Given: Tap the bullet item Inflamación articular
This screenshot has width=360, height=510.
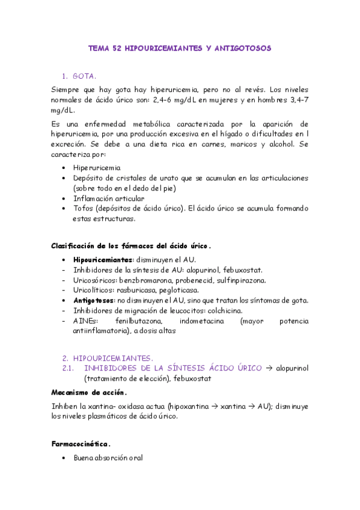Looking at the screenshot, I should click(x=108, y=198).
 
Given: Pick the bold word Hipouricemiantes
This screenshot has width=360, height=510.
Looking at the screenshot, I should click(x=102, y=259).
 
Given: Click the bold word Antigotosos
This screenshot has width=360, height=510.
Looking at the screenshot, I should click(x=94, y=300).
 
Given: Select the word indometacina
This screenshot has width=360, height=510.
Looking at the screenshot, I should click(x=201, y=321).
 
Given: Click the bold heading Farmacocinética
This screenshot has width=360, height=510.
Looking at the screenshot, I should click(x=81, y=444).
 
